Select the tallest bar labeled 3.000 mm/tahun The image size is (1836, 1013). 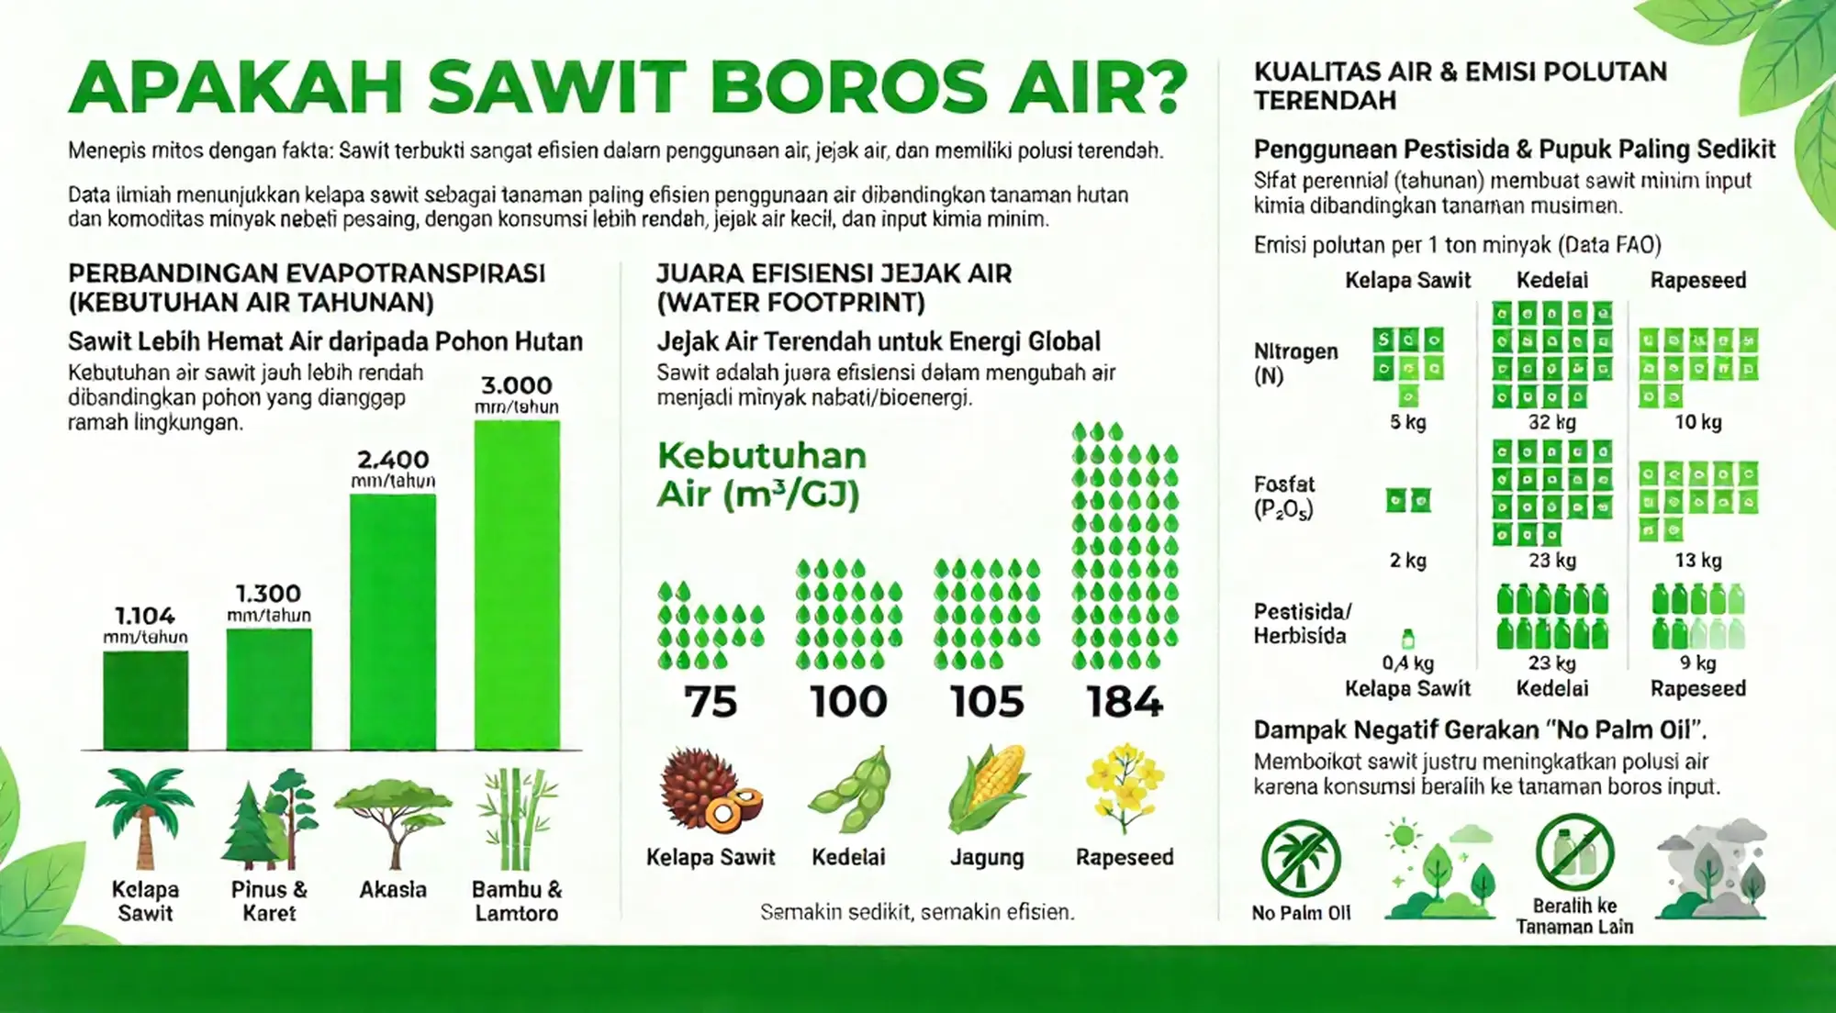click(517, 584)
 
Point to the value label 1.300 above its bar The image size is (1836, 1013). click(268, 594)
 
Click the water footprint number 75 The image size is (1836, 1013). click(711, 702)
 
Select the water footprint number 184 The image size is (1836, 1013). click(1125, 702)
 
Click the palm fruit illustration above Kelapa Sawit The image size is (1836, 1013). click(711, 790)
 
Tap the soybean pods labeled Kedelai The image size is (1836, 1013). click(850, 790)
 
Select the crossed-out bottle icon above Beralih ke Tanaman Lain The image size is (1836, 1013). click(1575, 852)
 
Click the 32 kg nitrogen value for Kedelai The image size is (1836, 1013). click(1551, 422)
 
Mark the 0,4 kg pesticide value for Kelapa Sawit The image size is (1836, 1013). click(1407, 662)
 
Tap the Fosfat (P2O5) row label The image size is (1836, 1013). click(1284, 496)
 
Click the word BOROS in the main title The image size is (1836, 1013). click(847, 87)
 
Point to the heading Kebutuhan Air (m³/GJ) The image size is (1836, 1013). click(761, 474)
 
